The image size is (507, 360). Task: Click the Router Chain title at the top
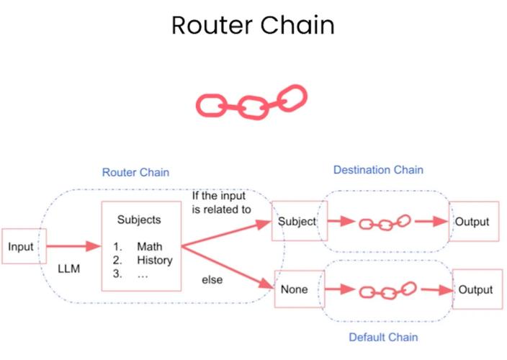tap(253, 26)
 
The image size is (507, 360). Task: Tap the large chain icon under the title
tap(251, 102)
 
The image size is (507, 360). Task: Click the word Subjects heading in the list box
tap(139, 220)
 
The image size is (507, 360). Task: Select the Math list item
tap(149, 247)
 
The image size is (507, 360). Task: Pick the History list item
tap(154, 260)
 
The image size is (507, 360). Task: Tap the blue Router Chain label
tap(135, 173)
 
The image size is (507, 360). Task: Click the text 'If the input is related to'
tap(220, 203)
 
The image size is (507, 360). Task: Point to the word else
tap(212, 280)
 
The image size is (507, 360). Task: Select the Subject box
tap(297, 222)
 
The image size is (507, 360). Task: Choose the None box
tap(295, 290)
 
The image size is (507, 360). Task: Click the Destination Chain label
tap(378, 170)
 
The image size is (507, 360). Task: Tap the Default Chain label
tap(383, 337)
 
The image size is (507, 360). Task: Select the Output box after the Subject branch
tap(473, 222)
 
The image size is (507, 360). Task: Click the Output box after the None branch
tap(475, 289)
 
